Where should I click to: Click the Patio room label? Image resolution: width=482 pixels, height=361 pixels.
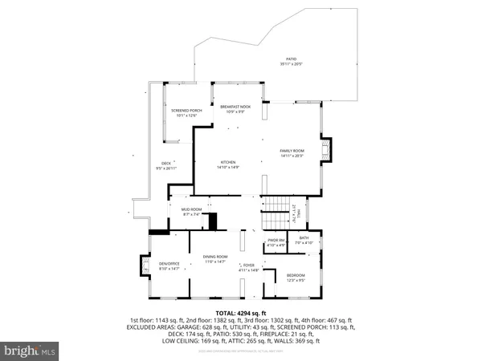[291, 61]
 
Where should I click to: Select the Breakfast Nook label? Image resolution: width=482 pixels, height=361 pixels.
[232, 108]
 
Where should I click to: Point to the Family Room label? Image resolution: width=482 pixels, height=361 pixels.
[292, 152]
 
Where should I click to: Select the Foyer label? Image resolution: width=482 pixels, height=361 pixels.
[249, 267]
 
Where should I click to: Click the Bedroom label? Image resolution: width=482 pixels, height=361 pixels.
[296, 278]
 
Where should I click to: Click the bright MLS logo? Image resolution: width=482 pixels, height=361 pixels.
[31, 351]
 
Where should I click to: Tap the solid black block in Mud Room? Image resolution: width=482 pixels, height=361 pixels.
[213, 222]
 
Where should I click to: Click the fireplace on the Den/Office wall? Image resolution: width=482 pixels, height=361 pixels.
[145, 266]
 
